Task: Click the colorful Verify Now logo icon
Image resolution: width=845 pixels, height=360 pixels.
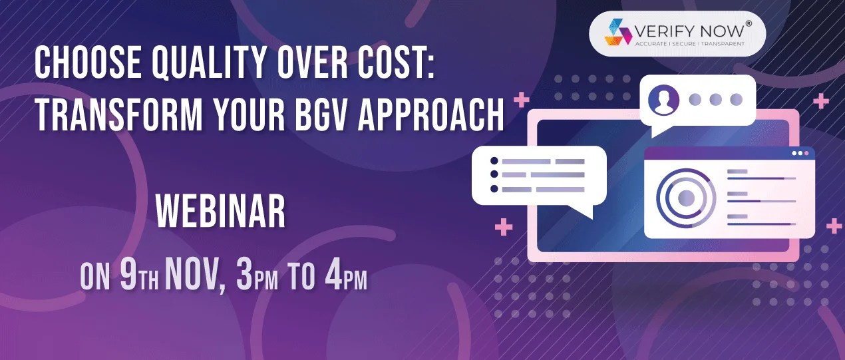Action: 617,33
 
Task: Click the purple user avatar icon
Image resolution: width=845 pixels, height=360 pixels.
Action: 663,100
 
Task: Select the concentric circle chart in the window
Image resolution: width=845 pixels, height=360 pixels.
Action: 685,197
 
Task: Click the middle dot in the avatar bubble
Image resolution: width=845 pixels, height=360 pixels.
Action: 716,100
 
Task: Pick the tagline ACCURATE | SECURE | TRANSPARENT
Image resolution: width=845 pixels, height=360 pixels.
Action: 689,44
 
